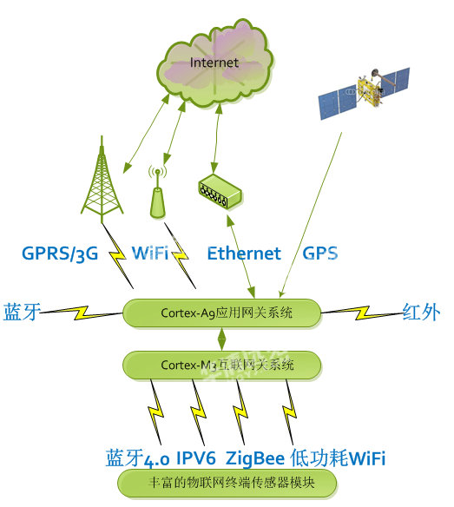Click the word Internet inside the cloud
pos(214,63)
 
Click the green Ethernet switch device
pos(220,191)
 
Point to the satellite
pos(365,93)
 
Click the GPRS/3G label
pos(60,253)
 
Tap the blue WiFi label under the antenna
pos(150,253)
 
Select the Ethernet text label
pos(244,253)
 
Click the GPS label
pos(320,253)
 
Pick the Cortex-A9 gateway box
pos(222,313)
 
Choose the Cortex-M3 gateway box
pos(222,365)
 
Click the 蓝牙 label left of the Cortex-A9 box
pos(22,312)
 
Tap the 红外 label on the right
pos(421,312)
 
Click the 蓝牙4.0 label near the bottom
pos(137,458)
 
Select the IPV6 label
pos(196,458)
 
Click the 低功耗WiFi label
pos(338,458)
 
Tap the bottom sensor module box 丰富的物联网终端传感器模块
pos(227,483)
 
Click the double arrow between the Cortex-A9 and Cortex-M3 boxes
pos(222,339)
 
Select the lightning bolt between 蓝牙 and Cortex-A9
pos(82,313)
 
